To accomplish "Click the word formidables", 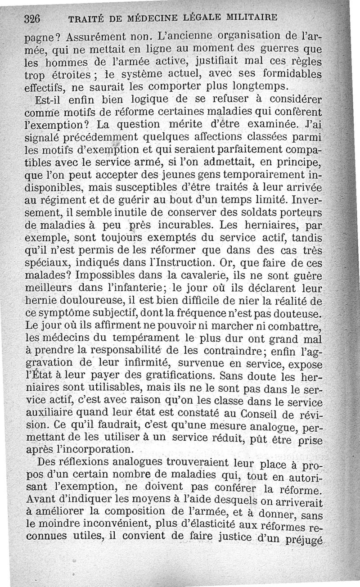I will click(288, 73).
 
